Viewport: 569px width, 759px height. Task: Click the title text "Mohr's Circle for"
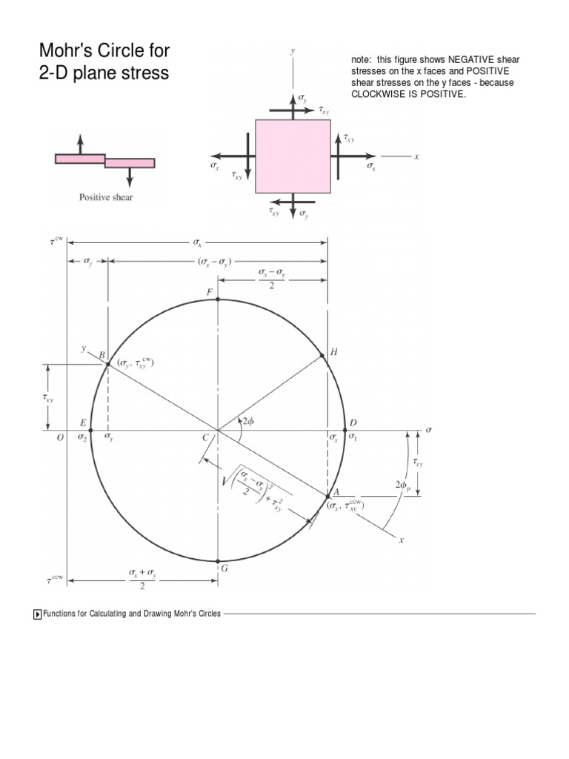104,51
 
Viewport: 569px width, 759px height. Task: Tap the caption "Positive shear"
106,198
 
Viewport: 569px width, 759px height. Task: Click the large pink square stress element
293,156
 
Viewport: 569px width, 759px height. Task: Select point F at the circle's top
210,292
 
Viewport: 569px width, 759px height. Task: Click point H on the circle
333,353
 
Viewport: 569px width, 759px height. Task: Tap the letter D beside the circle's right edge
353,422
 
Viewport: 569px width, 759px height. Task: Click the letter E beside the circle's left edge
83,422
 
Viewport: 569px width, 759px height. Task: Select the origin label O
61,438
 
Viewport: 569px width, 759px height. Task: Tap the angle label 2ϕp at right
402,486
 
